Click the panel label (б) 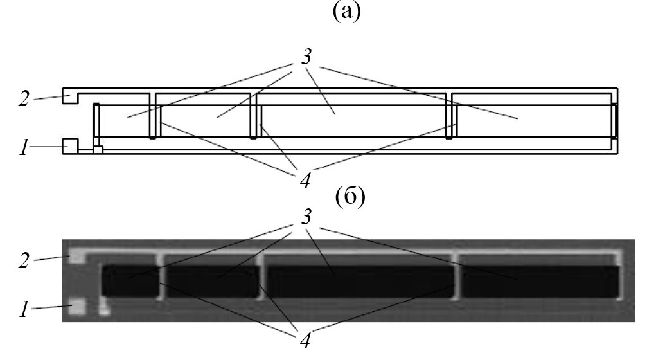pyautogui.click(x=351, y=197)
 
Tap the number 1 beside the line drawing pyautogui.click(x=24, y=148)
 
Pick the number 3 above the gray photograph pyautogui.click(x=306, y=219)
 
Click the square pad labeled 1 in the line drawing pyautogui.click(x=70, y=146)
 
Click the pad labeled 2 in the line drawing pyautogui.click(x=68, y=98)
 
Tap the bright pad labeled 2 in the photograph pyautogui.click(x=77, y=256)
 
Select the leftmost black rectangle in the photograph pyautogui.click(x=130, y=281)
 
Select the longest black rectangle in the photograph pyautogui.click(x=360, y=281)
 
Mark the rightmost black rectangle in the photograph pyautogui.click(x=540, y=281)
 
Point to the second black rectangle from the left pyautogui.click(x=213, y=281)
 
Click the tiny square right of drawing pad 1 pyautogui.click(x=98, y=150)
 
